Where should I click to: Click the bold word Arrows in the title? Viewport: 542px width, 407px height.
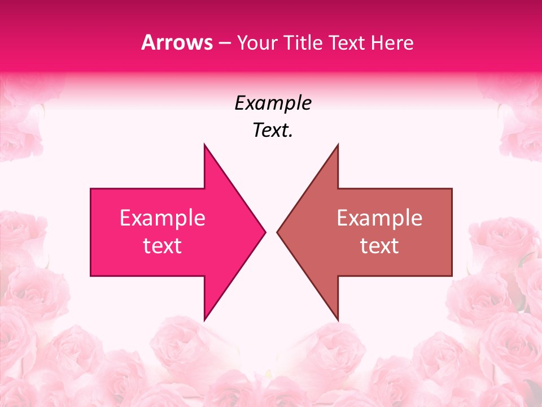pos(177,43)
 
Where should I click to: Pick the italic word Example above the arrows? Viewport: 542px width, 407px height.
pos(273,103)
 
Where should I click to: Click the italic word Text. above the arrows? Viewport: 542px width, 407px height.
pos(273,131)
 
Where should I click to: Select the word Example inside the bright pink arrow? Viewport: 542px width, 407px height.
pos(163,218)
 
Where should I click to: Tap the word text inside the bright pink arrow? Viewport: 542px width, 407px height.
pos(163,246)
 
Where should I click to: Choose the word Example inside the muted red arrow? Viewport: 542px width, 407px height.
pos(379,218)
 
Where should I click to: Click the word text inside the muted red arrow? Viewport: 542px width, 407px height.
pos(379,246)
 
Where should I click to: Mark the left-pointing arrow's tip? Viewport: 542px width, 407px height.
pos(278,232)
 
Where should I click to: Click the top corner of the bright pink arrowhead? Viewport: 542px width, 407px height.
pos(204,145)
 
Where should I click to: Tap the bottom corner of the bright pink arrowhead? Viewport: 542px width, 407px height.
pos(204,319)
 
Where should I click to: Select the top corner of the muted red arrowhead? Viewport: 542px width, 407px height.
pos(338,145)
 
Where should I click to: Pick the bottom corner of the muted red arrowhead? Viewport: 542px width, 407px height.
pos(338,319)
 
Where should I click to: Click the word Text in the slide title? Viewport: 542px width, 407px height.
pos(348,43)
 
